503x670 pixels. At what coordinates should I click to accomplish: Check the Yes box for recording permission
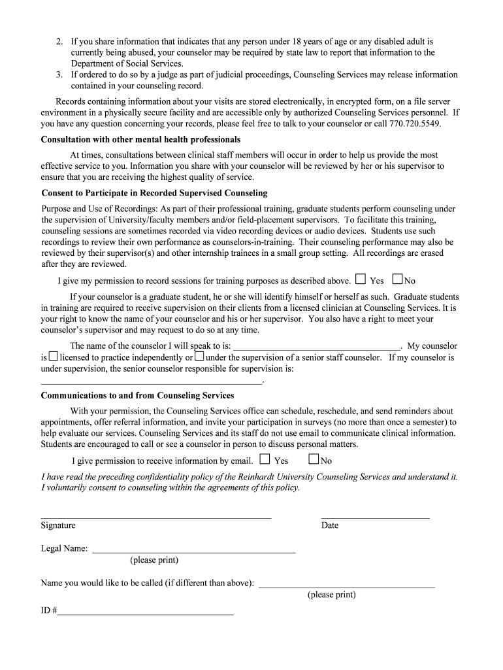[361, 279]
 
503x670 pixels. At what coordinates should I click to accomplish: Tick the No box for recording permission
[397, 279]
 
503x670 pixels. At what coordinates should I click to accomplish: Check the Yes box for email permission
[265, 459]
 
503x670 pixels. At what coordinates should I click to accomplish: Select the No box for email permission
[314, 459]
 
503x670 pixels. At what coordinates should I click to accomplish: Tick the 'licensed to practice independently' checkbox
[54, 357]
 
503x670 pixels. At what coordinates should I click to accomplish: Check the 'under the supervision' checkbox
[199, 357]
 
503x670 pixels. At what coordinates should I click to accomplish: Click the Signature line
[155, 517]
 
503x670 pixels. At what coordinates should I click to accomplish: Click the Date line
[375, 517]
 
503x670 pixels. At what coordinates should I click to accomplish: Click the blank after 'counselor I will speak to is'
[317, 349]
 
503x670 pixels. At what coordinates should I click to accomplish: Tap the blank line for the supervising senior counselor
[151, 381]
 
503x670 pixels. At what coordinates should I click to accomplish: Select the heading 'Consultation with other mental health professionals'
[140, 139]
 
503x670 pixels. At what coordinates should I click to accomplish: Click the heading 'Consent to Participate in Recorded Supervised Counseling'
[154, 193]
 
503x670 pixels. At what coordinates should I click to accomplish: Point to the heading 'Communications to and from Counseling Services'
[137, 395]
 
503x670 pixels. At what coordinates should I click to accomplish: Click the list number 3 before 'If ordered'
[59, 75]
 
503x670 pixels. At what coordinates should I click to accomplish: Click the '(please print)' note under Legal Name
[154, 560]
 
